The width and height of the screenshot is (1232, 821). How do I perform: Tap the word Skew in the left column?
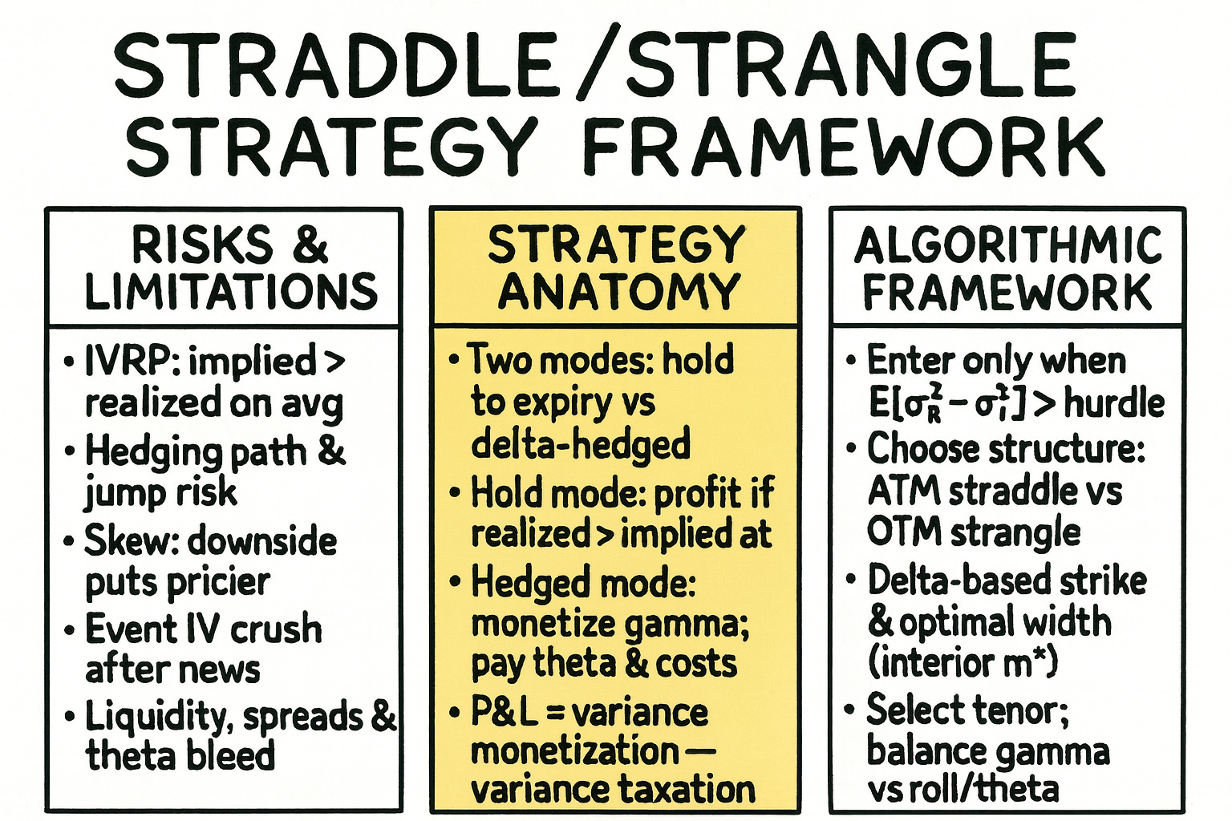tap(129, 540)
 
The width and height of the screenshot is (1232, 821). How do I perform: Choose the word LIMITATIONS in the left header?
tap(231, 291)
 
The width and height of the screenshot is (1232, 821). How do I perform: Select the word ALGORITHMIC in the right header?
tap(1007, 245)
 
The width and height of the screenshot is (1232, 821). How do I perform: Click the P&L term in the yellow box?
tap(504, 712)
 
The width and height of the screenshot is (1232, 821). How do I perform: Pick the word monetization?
tap(574, 751)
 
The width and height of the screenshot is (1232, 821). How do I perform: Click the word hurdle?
tap(1114, 402)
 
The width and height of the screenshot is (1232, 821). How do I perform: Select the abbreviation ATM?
tap(903, 491)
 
